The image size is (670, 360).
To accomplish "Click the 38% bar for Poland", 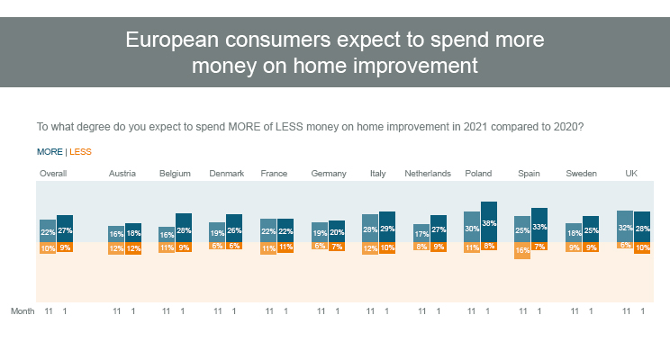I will click(x=489, y=221).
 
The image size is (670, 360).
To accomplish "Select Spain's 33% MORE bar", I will click(x=539, y=225).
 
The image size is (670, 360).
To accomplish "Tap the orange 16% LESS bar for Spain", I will click(x=522, y=250).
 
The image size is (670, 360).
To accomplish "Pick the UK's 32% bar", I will click(x=624, y=227).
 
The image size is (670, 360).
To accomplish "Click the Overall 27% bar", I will click(x=65, y=229).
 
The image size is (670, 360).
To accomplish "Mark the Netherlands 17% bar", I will click(x=421, y=233).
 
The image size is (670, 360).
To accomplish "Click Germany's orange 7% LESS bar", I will click(x=336, y=246).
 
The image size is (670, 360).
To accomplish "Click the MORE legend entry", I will click(x=50, y=152).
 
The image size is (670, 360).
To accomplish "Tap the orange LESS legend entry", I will click(x=80, y=152).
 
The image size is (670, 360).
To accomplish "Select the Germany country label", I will click(x=328, y=173).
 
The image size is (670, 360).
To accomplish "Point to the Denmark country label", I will click(x=226, y=173).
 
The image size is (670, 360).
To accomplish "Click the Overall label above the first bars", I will click(x=53, y=173).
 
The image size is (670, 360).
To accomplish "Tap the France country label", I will click(x=274, y=173).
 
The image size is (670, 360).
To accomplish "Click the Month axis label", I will click(x=23, y=310).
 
